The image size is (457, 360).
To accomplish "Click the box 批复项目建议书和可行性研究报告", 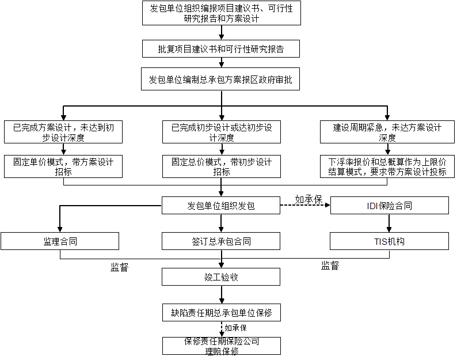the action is pyautogui.click(x=221, y=49).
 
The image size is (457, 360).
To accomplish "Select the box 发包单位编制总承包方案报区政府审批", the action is pyautogui.click(x=220, y=79).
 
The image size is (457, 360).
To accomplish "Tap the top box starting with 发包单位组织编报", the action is pyautogui.click(x=222, y=13).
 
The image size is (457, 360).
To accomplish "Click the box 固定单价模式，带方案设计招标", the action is pyautogui.click(x=63, y=166).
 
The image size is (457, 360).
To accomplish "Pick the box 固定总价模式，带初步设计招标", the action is pyautogui.click(x=222, y=166).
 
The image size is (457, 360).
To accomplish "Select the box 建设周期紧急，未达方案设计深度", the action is pyautogui.click(x=387, y=132).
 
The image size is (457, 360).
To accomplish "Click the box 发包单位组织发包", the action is pyautogui.click(x=221, y=206).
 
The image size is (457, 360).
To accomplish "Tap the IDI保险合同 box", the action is pyautogui.click(x=390, y=206).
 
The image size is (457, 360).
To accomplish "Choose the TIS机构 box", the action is pyautogui.click(x=390, y=241).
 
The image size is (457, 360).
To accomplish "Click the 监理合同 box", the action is pyautogui.click(x=60, y=241).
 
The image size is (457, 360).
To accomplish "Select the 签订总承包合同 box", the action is pyautogui.click(x=221, y=241).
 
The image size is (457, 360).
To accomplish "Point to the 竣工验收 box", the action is pyautogui.click(x=221, y=276).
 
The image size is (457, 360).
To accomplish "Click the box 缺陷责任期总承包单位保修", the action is pyautogui.click(x=222, y=312).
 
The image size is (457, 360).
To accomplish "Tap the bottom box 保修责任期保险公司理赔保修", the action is pyautogui.click(x=222, y=346).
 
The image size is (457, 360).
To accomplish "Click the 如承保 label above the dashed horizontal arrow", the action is pyautogui.click(x=309, y=199).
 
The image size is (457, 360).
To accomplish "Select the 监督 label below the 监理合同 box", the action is pyautogui.click(x=120, y=267).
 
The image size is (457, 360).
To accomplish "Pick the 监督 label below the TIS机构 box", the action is pyautogui.click(x=330, y=266).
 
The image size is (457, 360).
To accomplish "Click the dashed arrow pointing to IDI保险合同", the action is pyautogui.click(x=305, y=205).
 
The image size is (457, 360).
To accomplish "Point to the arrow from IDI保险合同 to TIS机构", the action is pyautogui.click(x=389, y=223).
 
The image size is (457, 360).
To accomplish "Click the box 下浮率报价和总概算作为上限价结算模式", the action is pyautogui.click(x=387, y=166).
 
